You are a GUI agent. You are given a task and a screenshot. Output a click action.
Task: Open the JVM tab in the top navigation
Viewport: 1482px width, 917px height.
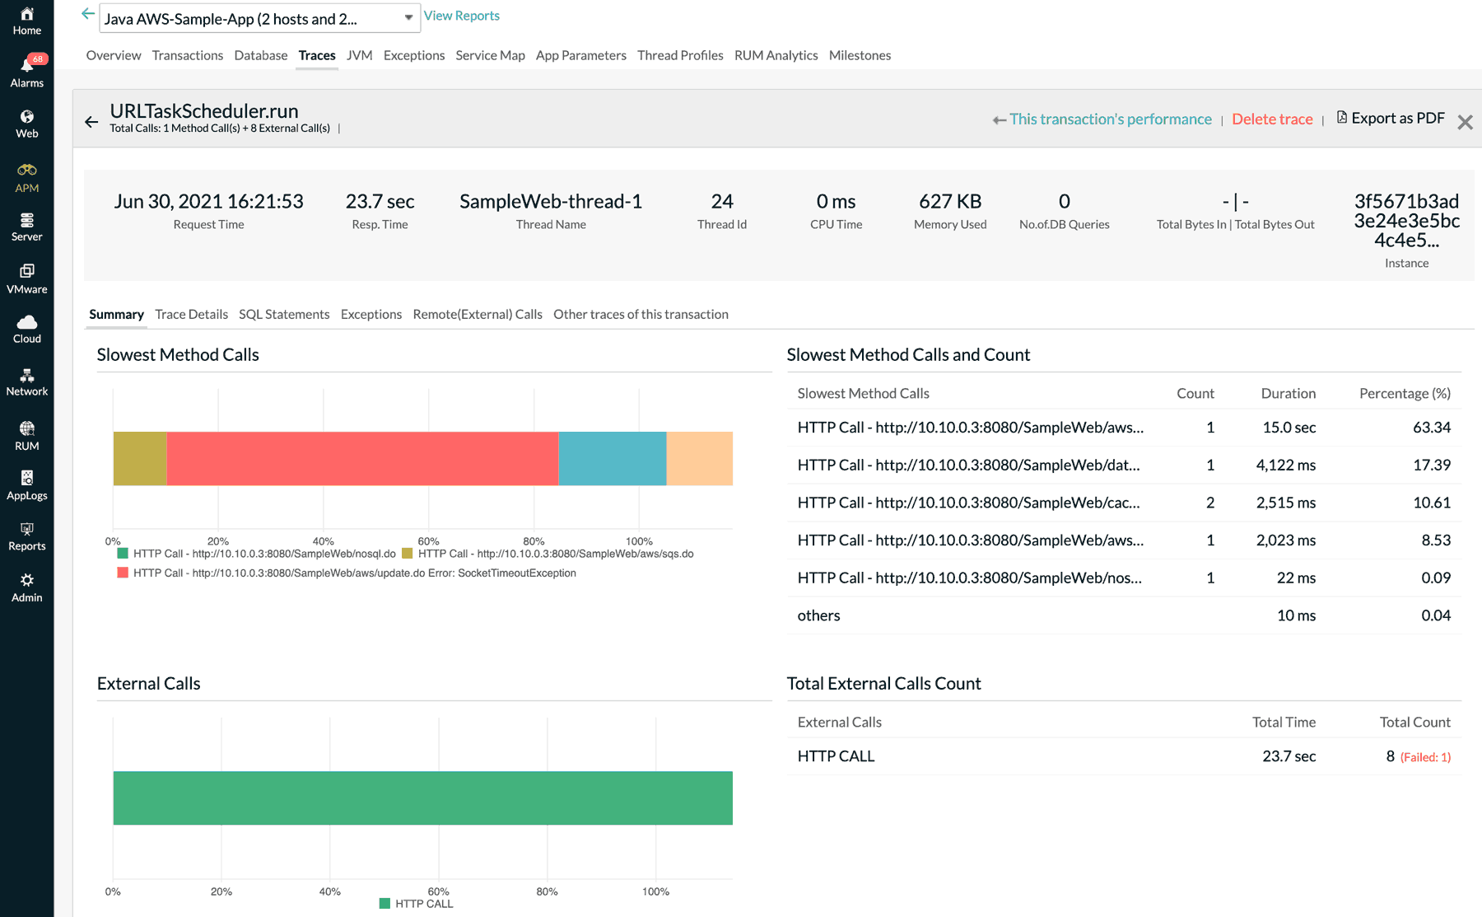click(x=359, y=55)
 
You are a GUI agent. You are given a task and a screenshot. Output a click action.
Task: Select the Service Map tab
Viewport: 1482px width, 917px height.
click(x=490, y=55)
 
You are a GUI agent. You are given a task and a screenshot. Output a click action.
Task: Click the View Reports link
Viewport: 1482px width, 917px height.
click(x=461, y=16)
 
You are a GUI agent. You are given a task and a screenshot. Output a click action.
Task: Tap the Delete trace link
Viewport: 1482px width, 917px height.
click(x=1272, y=119)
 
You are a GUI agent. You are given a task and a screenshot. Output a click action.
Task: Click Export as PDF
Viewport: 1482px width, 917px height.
click(x=1391, y=118)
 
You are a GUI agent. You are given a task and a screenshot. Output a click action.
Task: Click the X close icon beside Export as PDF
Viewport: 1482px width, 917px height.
click(x=1465, y=123)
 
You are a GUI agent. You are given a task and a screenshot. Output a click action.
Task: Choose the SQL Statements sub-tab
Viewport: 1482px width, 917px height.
click(x=284, y=314)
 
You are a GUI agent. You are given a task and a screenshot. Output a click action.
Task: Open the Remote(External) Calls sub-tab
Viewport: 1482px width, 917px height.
click(x=478, y=314)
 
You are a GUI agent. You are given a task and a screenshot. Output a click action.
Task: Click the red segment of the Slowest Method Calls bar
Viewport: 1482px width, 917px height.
click(x=362, y=458)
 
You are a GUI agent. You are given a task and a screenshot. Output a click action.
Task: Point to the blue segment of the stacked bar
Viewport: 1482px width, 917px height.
click(x=612, y=458)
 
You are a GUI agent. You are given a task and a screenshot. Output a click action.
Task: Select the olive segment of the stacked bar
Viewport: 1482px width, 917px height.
click(x=140, y=458)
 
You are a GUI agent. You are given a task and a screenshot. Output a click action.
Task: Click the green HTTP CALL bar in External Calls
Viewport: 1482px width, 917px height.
click(x=422, y=798)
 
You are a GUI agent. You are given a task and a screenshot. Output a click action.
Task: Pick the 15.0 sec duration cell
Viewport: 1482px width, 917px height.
click(x=1289, y=428)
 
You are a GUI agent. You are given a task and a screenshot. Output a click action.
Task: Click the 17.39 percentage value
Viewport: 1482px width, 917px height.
click(x=1431, y=465)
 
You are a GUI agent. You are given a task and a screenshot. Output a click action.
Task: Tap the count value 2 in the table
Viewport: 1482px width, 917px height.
click(x=1209, y=503)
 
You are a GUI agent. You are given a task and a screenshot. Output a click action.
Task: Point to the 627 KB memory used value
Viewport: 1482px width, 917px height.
click(x=950, y=202)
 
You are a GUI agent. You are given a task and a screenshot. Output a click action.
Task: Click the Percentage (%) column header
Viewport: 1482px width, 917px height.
click(x=1405, y=394)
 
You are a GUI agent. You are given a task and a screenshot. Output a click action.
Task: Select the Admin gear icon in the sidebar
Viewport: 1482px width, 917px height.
click(x=27, y=580)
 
